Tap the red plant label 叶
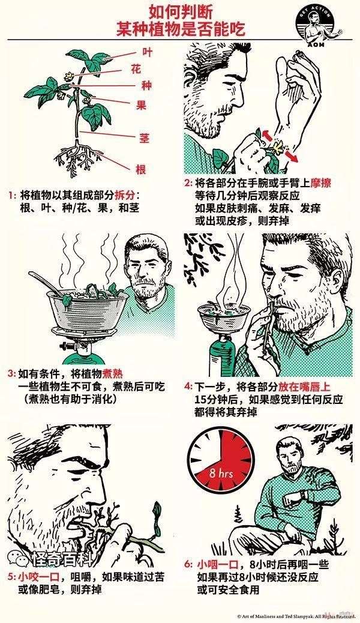[x=147, y=52]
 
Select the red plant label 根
[x=141, y=170]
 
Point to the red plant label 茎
[x=144, y=138]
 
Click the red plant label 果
[x=141, y=104]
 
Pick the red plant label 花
[x=136, y=70]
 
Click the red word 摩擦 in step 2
[x=320, y=183]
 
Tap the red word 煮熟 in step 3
[x=112, y=374]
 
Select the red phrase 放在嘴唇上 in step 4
[x=304, y=387]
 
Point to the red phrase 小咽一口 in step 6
[x=217, y=564]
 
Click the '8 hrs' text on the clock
[x=221, y=474]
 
